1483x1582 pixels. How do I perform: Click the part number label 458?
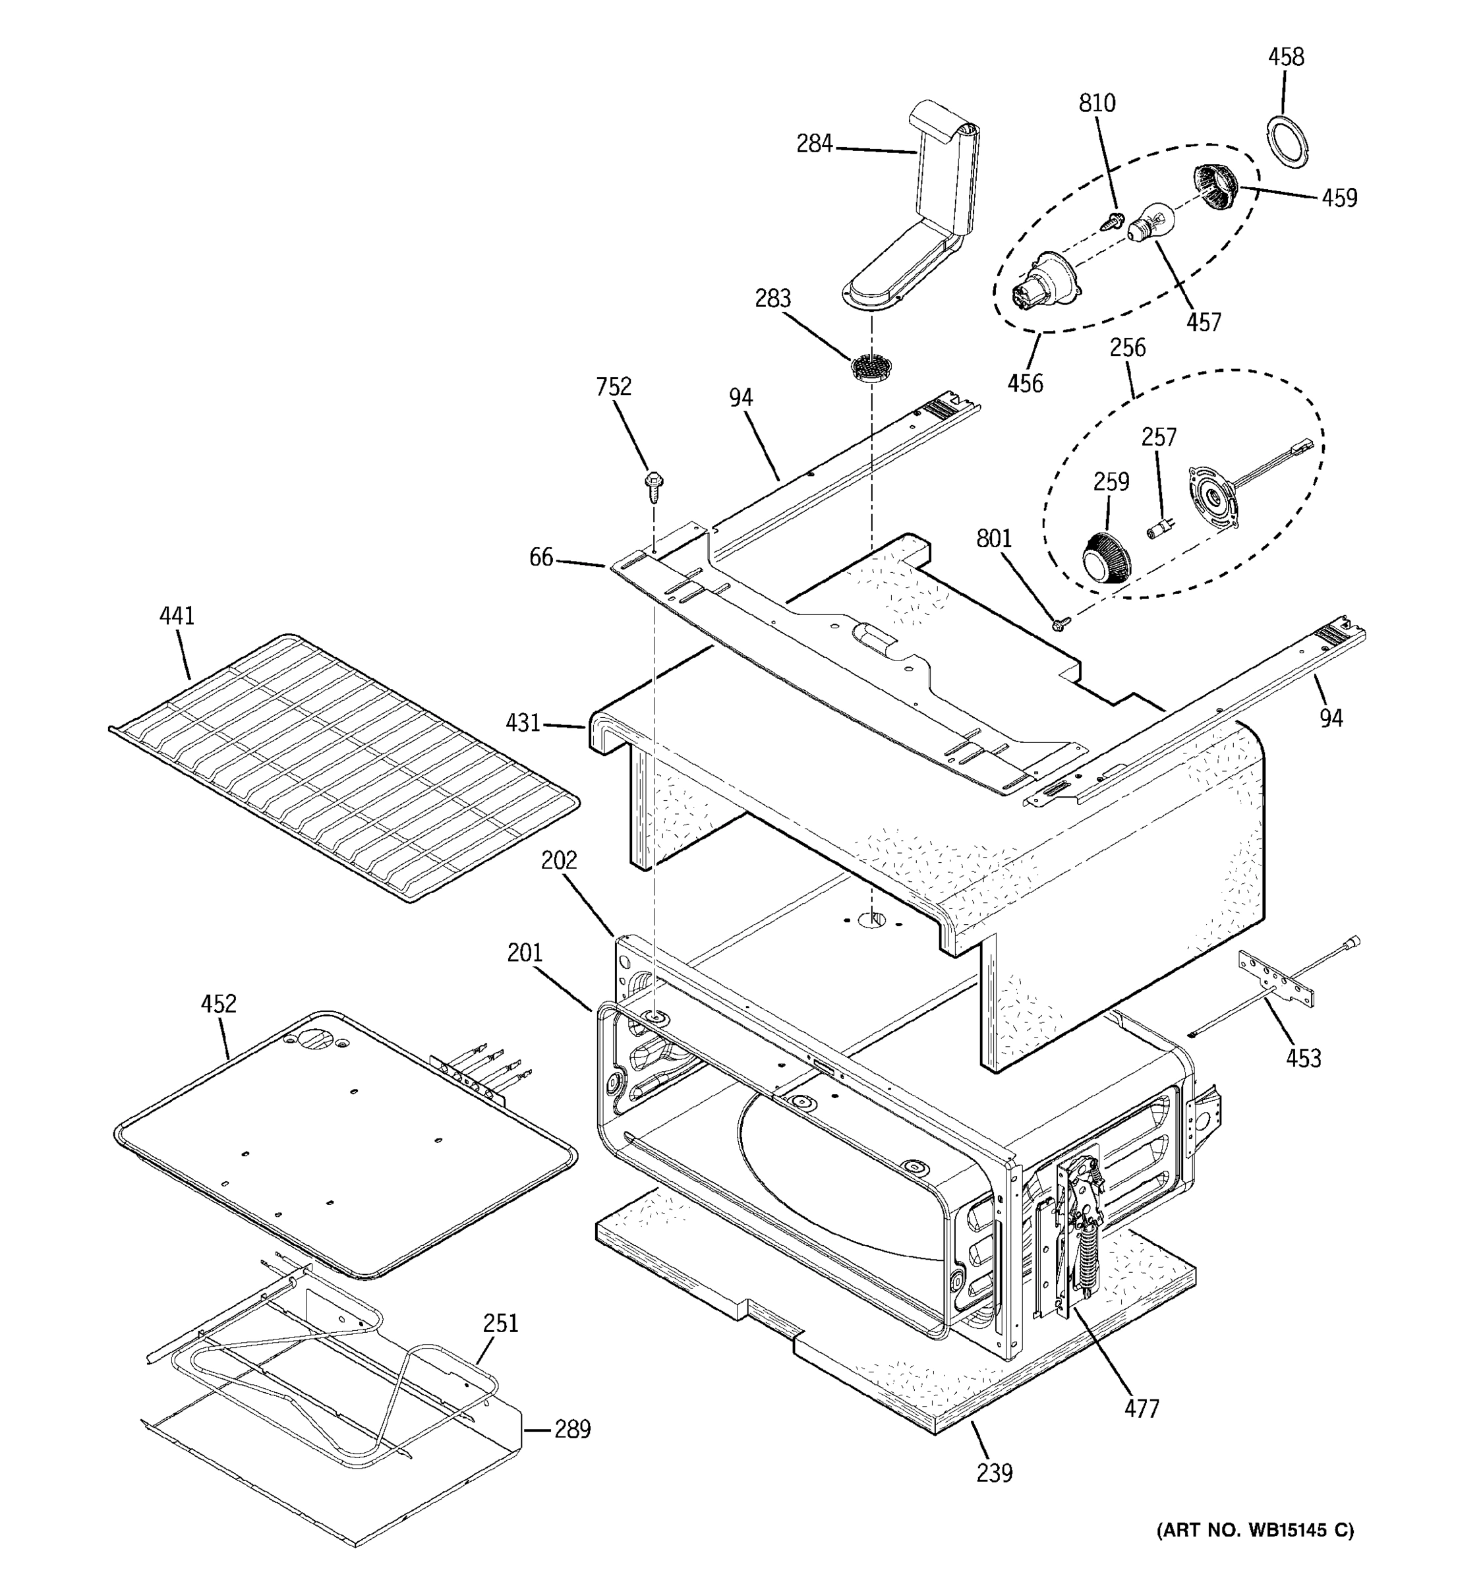(x=1286, y=57)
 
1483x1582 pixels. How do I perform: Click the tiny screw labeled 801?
(x=1058, y=625)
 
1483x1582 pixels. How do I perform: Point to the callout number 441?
(x=177, y=615)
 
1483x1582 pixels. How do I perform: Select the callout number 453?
(x=1303, y=1059)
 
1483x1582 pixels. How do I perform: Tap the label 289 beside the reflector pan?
(x=572, y=1429)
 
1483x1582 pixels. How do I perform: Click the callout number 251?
(x=500, y=1324)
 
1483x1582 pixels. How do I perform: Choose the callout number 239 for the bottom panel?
(x=995, y=1473)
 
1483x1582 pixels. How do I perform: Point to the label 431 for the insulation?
(x=523, y=722)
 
